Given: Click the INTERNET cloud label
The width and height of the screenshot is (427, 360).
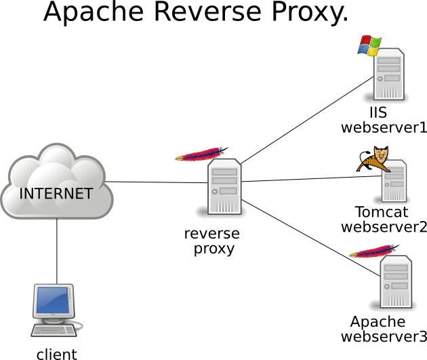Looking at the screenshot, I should pos(56,193).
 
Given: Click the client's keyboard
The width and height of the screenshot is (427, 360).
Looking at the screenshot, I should pos(54,330).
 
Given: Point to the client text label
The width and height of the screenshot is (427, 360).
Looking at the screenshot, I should pos(56,353).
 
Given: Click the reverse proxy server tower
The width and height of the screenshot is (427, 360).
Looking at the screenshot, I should pos(225,187).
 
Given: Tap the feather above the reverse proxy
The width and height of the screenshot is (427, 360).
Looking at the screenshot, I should pos(201,154).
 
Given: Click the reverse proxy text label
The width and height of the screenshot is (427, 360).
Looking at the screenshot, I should pos(212,241).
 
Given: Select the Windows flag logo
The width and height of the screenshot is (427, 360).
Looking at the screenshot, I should pos(369,45).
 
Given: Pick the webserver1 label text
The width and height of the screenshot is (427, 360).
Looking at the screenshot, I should pos(384,127).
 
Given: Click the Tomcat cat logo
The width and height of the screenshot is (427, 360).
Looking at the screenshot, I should pos(373,160).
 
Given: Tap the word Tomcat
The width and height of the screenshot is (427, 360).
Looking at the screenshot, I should pos(382,212).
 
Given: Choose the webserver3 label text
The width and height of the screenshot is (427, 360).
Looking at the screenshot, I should pos(384,336).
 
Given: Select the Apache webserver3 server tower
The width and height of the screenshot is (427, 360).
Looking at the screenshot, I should pos(395,283).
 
